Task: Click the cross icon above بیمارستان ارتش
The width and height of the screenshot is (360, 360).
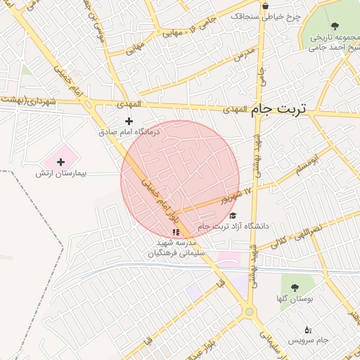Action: point(60,162)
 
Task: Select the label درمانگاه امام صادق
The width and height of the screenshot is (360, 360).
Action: point(129,131)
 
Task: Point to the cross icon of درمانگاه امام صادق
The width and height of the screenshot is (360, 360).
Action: point(129,121)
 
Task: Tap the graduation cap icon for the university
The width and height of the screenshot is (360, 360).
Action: point(233,215)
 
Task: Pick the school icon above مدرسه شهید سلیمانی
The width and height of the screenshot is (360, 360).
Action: point(175,231)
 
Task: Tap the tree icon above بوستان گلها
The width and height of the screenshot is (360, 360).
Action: point(294,288)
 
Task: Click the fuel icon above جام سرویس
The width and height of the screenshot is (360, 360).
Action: point(307,329)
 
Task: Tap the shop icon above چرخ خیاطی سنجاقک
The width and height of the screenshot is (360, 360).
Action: point(264,6)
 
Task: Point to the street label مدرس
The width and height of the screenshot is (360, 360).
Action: point(242,52)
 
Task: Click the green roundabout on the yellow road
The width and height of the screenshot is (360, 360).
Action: point(249,312)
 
